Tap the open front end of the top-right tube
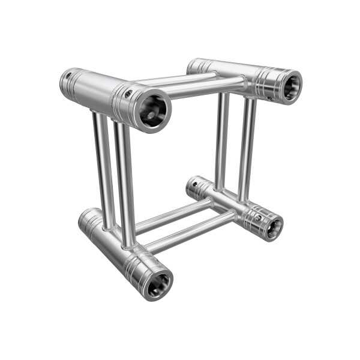pos(290,86)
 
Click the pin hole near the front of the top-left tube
pos(128,93)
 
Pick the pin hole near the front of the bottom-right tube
pos(259,217)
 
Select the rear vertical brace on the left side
pos(103,168)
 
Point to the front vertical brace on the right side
pos(246,150)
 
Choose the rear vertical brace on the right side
pos(221,141)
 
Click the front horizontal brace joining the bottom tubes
pos(189,232)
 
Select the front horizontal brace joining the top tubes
pos(204,88)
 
